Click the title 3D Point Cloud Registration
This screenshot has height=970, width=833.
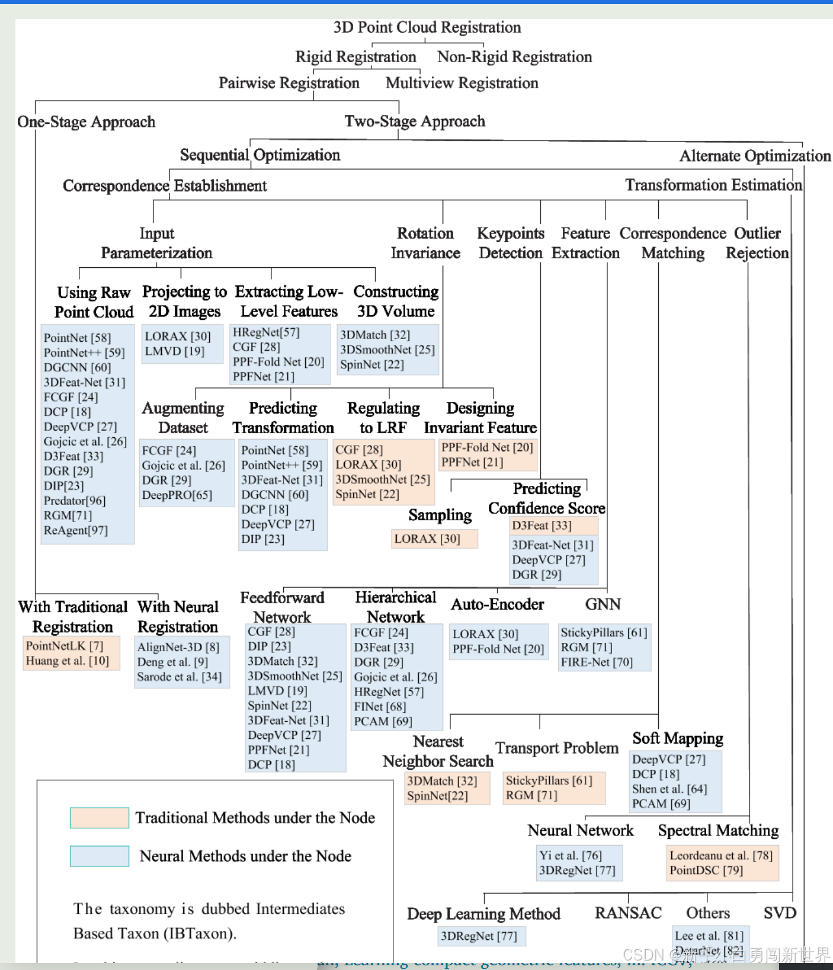427,27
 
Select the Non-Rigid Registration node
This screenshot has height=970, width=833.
514,57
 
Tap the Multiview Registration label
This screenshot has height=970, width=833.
462,83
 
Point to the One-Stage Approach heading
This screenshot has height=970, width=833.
86,122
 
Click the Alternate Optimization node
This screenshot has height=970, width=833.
755,156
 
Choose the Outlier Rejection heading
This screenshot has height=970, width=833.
757,243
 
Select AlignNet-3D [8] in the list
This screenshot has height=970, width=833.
178,647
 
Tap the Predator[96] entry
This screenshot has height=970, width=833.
75,501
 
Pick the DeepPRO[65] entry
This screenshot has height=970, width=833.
177,495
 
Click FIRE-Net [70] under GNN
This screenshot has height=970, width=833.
597,662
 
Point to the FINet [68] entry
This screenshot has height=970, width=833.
380,706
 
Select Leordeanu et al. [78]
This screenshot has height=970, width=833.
721,856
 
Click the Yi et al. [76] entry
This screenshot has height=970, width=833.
570,856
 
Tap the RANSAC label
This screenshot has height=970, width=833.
628,913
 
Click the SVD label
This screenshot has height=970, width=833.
780,913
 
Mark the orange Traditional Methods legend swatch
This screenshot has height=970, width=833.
100,818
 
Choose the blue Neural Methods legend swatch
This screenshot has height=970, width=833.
100,856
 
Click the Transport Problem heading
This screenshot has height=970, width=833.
557,748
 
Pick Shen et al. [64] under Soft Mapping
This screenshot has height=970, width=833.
669,789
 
